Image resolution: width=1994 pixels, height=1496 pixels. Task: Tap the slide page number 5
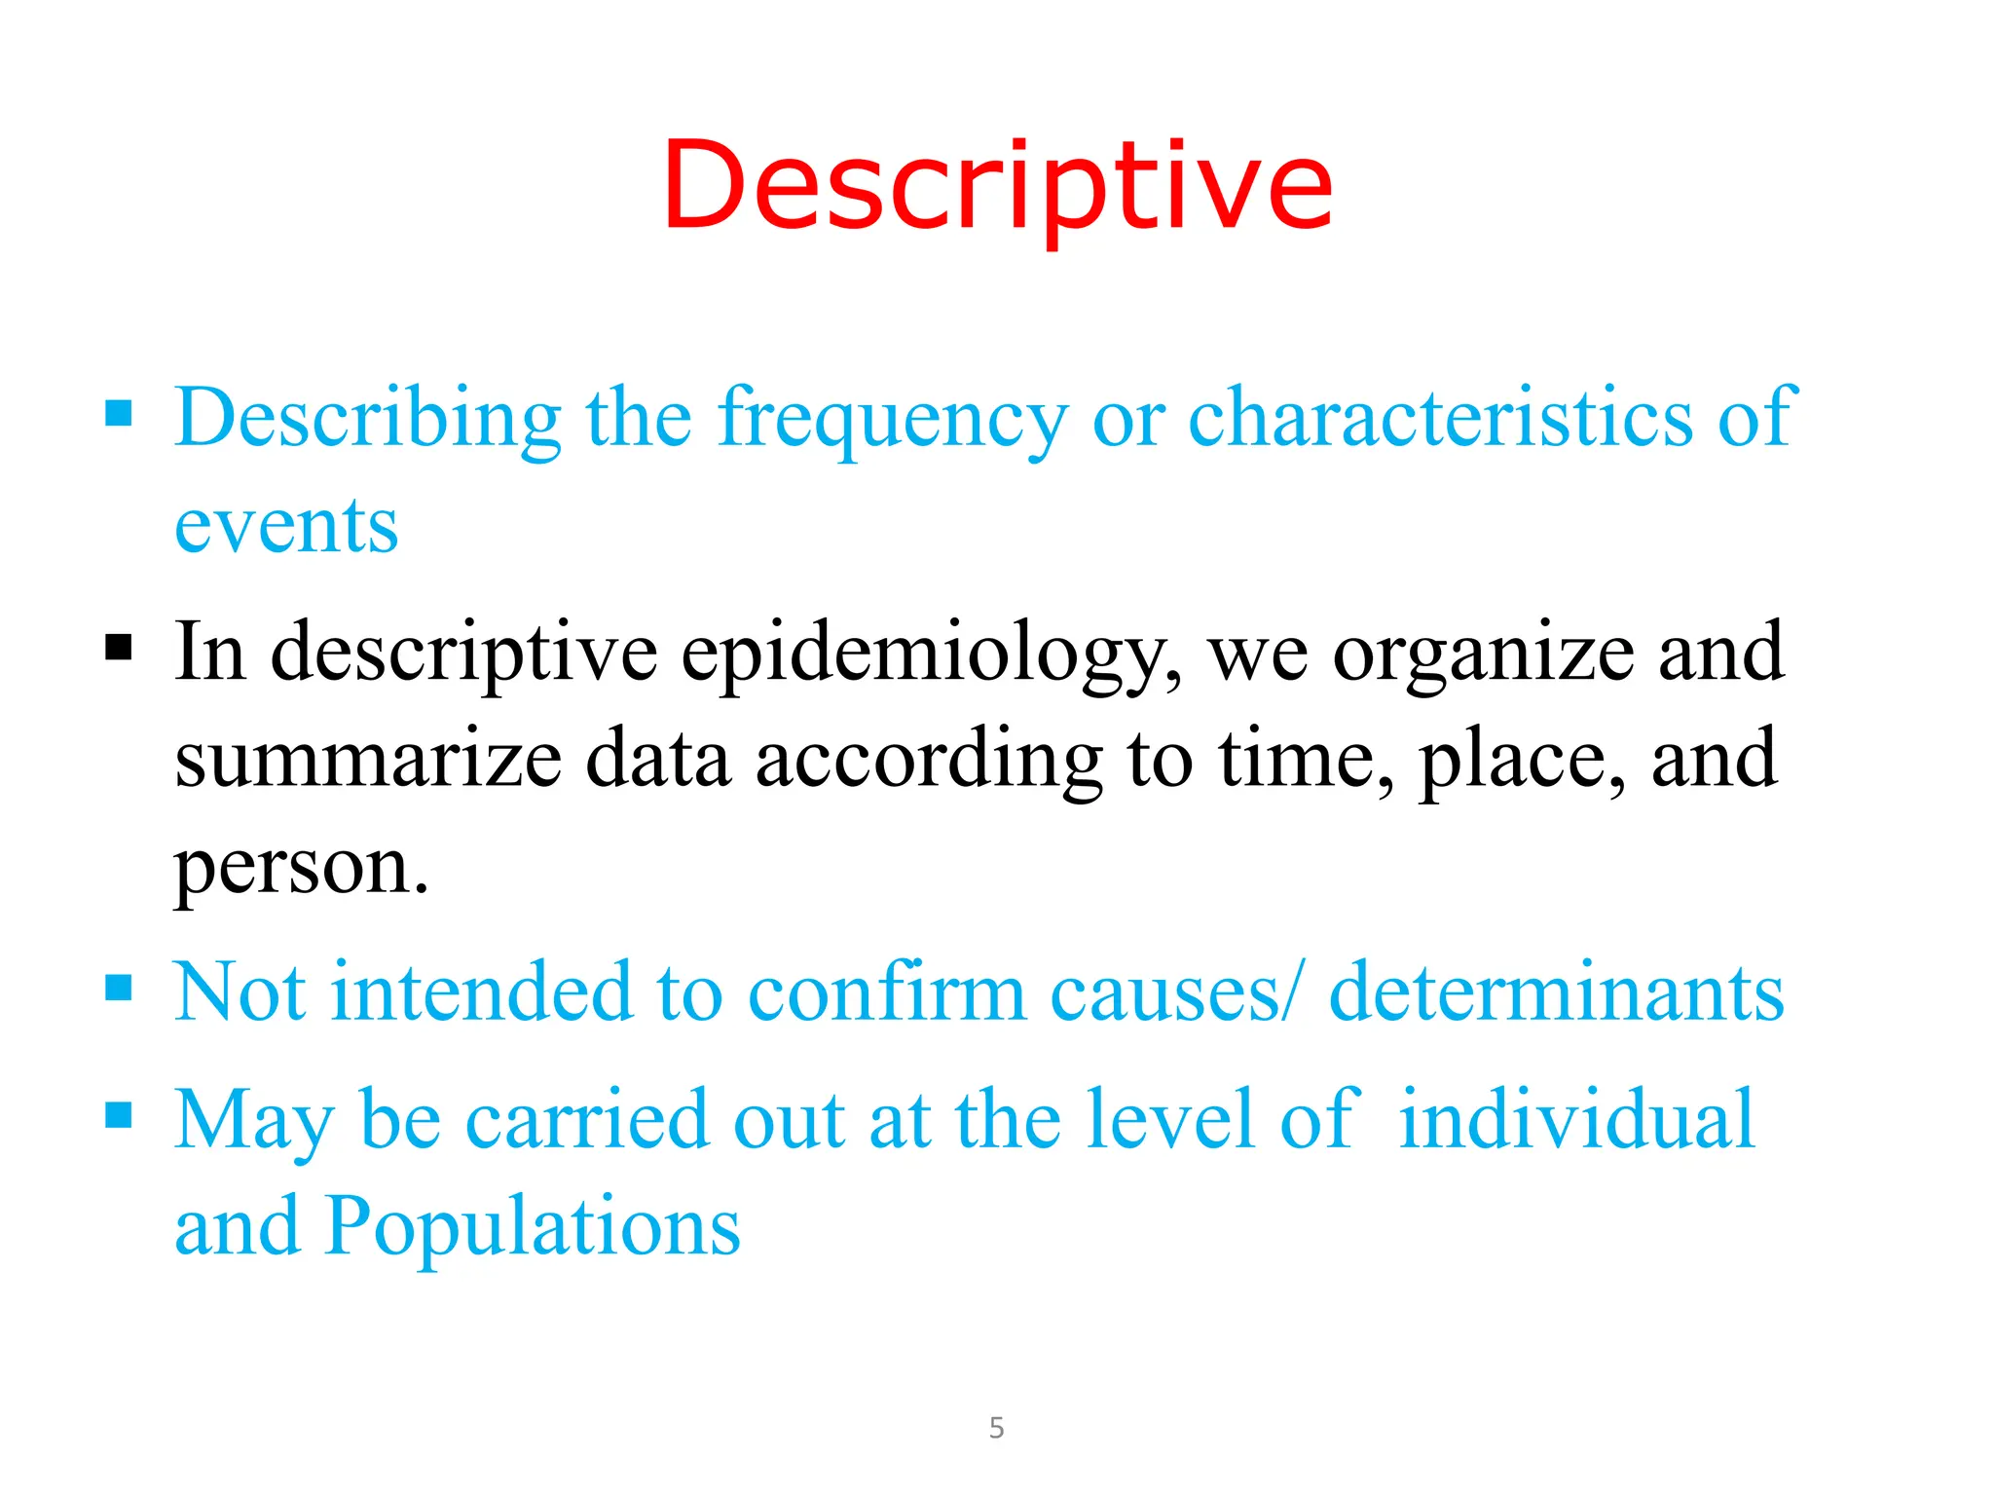click(x=996, y=1428)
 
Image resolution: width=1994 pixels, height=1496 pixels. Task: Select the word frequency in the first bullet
click(x=893, y=419)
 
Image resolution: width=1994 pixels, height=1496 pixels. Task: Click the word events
click(x=286, y=526)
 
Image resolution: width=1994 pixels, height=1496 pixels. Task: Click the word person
click(x=300, y=867)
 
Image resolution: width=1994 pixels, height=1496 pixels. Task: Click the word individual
click(x=1576, y=1119)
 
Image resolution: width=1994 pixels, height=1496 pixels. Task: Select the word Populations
click(x=533, y=1226)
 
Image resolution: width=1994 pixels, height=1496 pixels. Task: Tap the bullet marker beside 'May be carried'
click(x=119, y=1114)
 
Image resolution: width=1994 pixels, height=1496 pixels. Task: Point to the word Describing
click(x=368, y=419)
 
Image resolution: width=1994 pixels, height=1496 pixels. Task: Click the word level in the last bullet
click(x=1169, y=1119)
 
